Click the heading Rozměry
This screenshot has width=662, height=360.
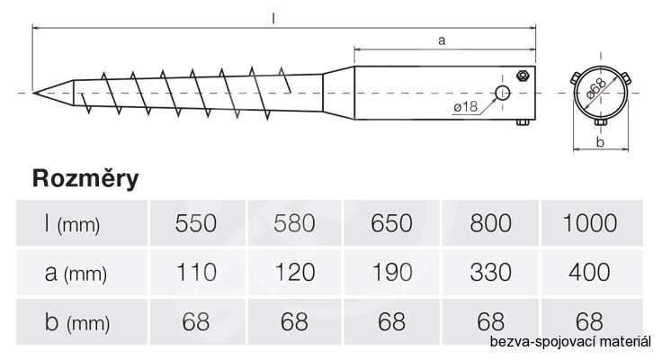pyautogui.click(x=85, y=178)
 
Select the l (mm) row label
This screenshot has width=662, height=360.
pyautogui.click(x=72, y=224)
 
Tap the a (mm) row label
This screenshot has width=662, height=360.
pyautogui.click(x=76, y=273)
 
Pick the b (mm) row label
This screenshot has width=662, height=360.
pyautogui.click(x=76, y=321)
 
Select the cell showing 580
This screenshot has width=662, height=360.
pyautogui.click(x=293, y=224)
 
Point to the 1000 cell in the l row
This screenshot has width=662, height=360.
pyautogui.click(x=590, y=224)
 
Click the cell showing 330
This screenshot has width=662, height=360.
pyautogui.click(x=489, y=272)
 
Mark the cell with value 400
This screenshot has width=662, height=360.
pyautogui.click(x=590, y=272)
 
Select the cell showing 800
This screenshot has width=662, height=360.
pyautogui.click(x=489, y=224)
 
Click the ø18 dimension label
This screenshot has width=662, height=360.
pyautogui.click(x=466, y=106)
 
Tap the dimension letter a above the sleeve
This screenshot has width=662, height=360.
pyautogui.click(x=442, y=40)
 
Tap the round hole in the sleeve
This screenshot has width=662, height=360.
pyautogui.click(x=503, y=93)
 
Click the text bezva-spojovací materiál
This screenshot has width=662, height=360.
pyautogui.click(x=569, y=343)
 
